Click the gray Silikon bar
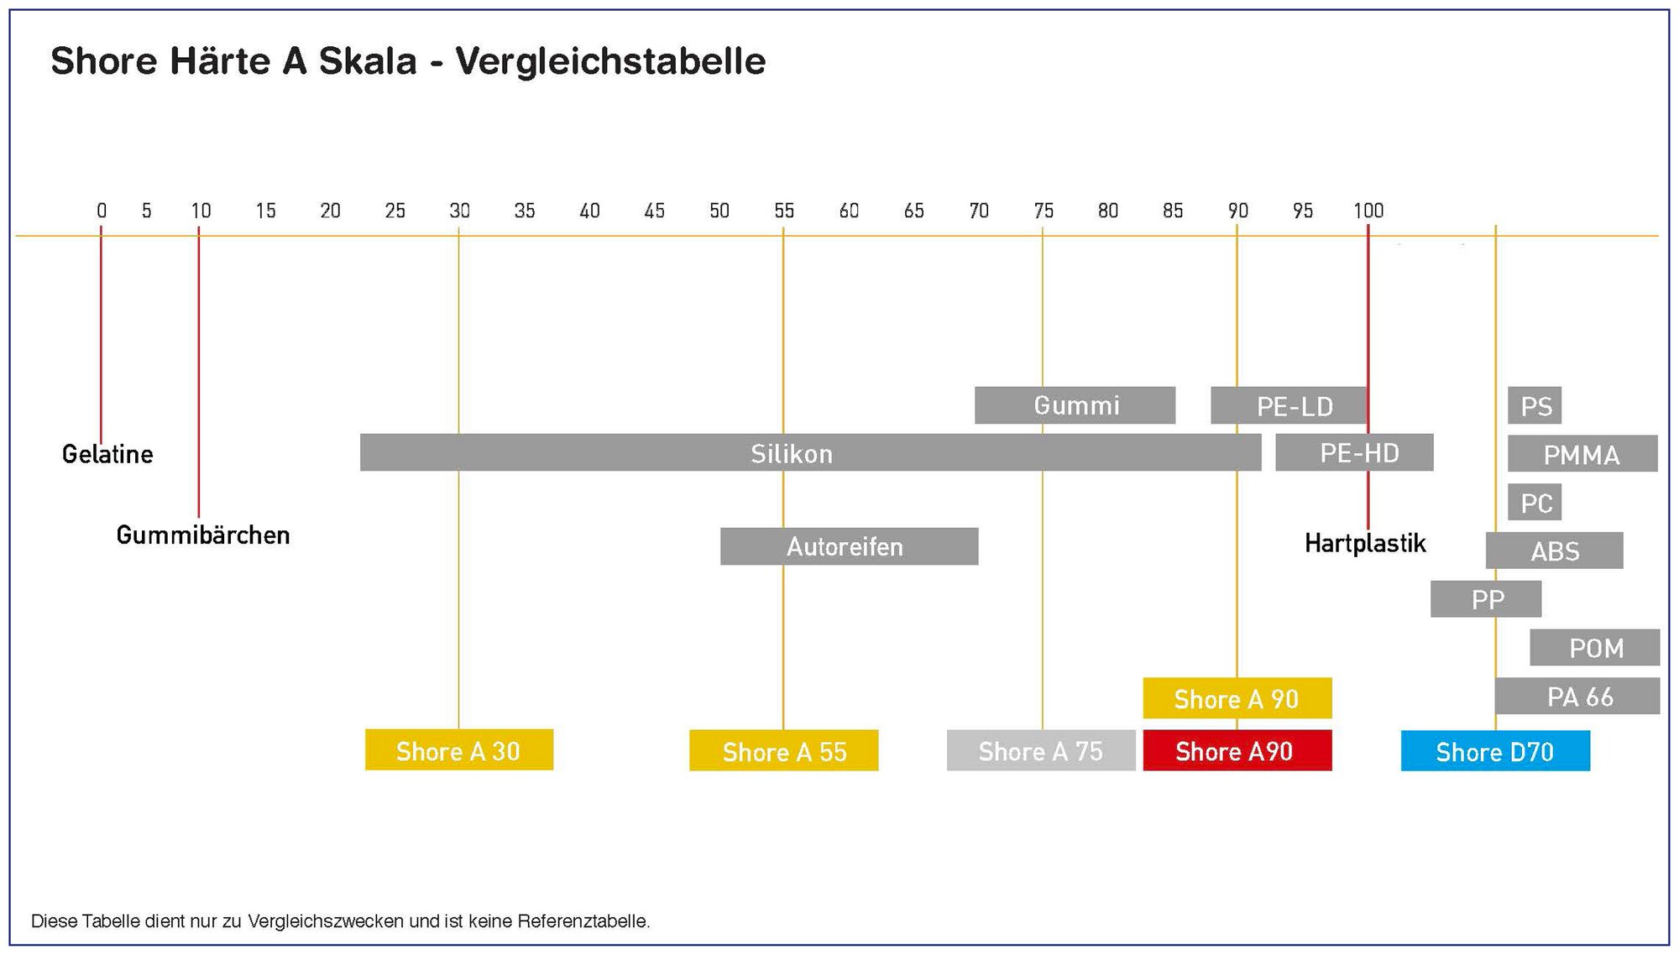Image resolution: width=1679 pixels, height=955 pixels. (810, 452)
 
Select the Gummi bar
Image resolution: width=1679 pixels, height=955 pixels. (1075, 405)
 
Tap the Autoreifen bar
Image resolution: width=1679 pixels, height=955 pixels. (849, 546)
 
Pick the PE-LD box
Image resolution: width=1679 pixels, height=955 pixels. (1289, 405)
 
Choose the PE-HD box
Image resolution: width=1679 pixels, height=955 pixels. (1354, 452)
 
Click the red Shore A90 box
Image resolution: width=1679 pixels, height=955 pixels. (1237, 750)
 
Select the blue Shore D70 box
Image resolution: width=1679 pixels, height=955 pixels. (1495, 750)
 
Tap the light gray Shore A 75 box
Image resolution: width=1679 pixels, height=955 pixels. (1041, 750)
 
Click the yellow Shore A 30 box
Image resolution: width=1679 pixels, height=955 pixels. (459, 749)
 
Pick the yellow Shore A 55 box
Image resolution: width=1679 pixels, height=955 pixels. (784, 750)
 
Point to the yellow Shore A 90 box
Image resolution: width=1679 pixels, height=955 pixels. (1237, 698)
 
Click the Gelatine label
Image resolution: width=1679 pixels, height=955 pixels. (107, 454)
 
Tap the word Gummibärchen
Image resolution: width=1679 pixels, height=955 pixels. (203, 535)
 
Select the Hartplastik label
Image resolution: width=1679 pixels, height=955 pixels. (1365, 543)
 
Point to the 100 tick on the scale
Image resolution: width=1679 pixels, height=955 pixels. (1368, 211)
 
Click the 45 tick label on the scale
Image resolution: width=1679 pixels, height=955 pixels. (655, 211)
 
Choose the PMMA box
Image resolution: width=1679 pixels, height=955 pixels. (1582, 453)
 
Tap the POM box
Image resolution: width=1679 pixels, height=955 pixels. (1595, 647)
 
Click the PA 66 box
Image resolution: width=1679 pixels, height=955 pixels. (1577, 696)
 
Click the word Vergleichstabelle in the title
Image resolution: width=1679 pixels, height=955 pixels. (610, 61)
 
